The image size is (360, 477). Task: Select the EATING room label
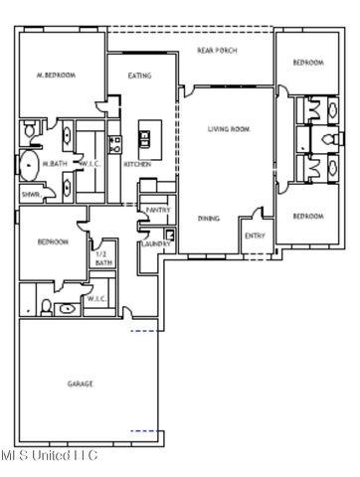tap(140, 75)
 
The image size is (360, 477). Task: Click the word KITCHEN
tap(136, 165)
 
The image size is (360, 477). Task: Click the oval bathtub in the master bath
tap(30, 164)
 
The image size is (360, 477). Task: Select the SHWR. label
tap(31, 195)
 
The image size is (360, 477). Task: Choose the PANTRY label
tap(156, 210)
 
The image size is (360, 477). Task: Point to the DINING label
tap(208, 217)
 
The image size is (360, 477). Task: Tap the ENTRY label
tap(254, 236)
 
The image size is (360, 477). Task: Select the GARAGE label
tap(82, 384)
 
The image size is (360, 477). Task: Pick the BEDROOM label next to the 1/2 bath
tap(53, 241)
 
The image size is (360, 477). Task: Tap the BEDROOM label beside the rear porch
tap(307, 63)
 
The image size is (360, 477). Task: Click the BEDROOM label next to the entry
tap(307, 216)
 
